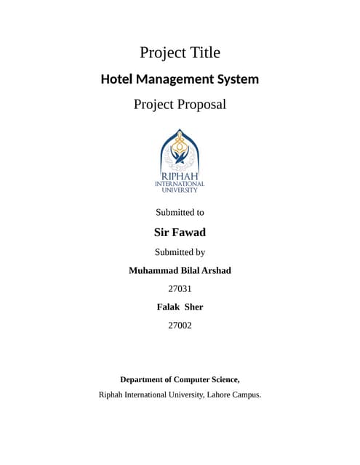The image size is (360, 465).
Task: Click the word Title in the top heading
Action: point(203,53)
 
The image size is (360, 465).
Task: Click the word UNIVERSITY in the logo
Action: point(180,190)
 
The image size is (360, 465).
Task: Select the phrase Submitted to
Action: point(180,213)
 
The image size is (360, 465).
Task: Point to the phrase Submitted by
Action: point(180,253)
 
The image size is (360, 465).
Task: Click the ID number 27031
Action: point(180,289)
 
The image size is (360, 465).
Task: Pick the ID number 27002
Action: point(180,325)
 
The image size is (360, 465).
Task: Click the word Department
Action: point(145,379)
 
